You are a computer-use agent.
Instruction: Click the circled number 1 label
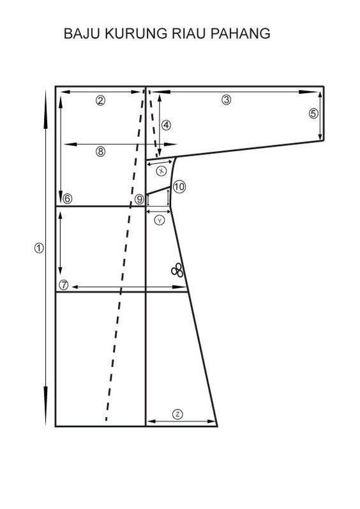pos(39,248)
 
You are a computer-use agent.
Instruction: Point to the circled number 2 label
pos(100,101)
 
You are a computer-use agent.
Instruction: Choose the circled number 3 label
pos(227,100)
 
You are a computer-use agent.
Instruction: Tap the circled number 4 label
pos(166,125)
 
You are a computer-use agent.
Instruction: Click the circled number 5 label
pos(313,114)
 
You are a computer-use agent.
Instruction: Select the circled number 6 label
pos(67,198)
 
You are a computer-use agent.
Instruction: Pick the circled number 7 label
pos(64,285)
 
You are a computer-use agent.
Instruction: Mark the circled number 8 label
pos(101,151)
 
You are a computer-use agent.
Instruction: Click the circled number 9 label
pos(139,199)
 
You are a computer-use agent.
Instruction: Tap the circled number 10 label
pos(179,187)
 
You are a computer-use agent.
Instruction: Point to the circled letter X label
pos(161,171)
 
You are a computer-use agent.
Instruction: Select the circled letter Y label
pos(159,221)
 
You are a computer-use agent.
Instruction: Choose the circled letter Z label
pos(177,414)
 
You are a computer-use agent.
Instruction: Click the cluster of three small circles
pos(177,270)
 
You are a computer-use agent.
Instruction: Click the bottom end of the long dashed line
pos(106,420)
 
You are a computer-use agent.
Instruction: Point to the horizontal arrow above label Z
pos(181,422)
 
